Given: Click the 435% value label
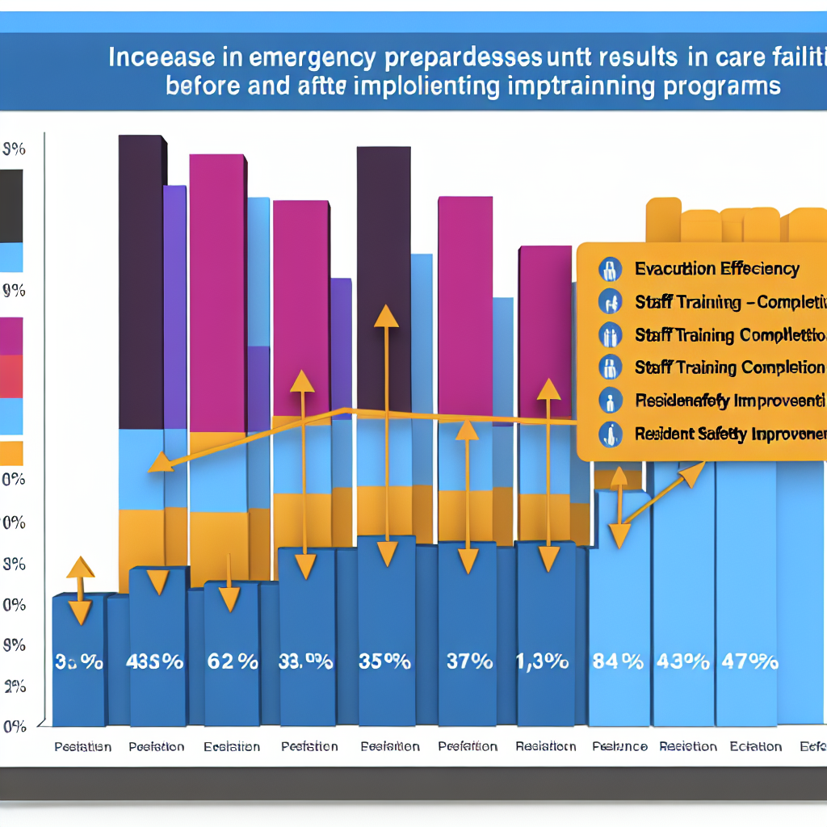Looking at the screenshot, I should [155, 662].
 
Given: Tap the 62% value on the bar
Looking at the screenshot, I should [232, 662].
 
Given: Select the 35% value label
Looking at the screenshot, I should [384, 662].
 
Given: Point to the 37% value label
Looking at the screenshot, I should [469, 662].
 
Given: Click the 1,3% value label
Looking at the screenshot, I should [543, 662].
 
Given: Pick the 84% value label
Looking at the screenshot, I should [618, 662].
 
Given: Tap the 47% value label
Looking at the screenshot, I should [751, 662].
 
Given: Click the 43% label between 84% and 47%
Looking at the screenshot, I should [684, 662].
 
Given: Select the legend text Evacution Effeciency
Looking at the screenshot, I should [716, 269].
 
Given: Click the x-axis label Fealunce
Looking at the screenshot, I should [619, 746].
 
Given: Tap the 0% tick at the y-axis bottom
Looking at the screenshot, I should [15, 726].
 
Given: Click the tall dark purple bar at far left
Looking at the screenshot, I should [141, 283].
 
